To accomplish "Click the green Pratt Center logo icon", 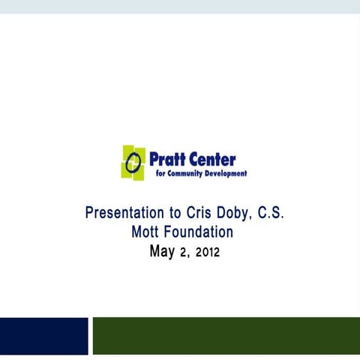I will (x=133, y=161).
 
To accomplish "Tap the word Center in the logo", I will (x=213, y=159).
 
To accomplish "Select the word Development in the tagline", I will (x=228, y=173).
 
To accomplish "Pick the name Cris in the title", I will (x=191, y=213).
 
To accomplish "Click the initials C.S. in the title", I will (x=270, y=213).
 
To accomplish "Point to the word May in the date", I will (x=162, y=252).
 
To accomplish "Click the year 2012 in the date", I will (x=207, y=253).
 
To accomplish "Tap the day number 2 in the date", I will (x=184, y=253).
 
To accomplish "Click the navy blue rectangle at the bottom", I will (x=43, y=335).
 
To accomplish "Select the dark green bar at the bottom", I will (x=226, y=335).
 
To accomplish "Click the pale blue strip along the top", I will (x=180, y=6).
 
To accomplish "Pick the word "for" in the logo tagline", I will (x=160, y=173).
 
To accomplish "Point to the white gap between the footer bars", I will (x=90, y=335).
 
